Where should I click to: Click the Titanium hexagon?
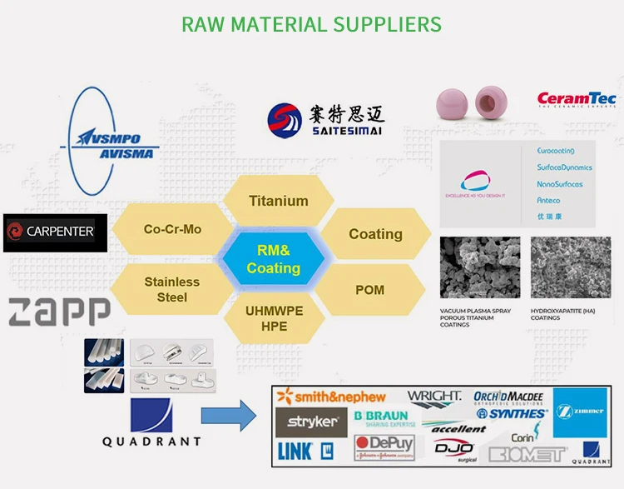point(279,201)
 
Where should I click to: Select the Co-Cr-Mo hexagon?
point(172,229)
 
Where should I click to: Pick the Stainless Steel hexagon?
point(172,289)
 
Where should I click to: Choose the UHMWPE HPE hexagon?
point(274,317)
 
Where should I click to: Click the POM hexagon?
point(369,289)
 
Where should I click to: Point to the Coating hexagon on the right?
point(375,234)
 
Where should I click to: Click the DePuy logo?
point(384,446)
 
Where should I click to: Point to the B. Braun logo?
point(381,418)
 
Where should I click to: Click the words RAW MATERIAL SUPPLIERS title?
point(312,24)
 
